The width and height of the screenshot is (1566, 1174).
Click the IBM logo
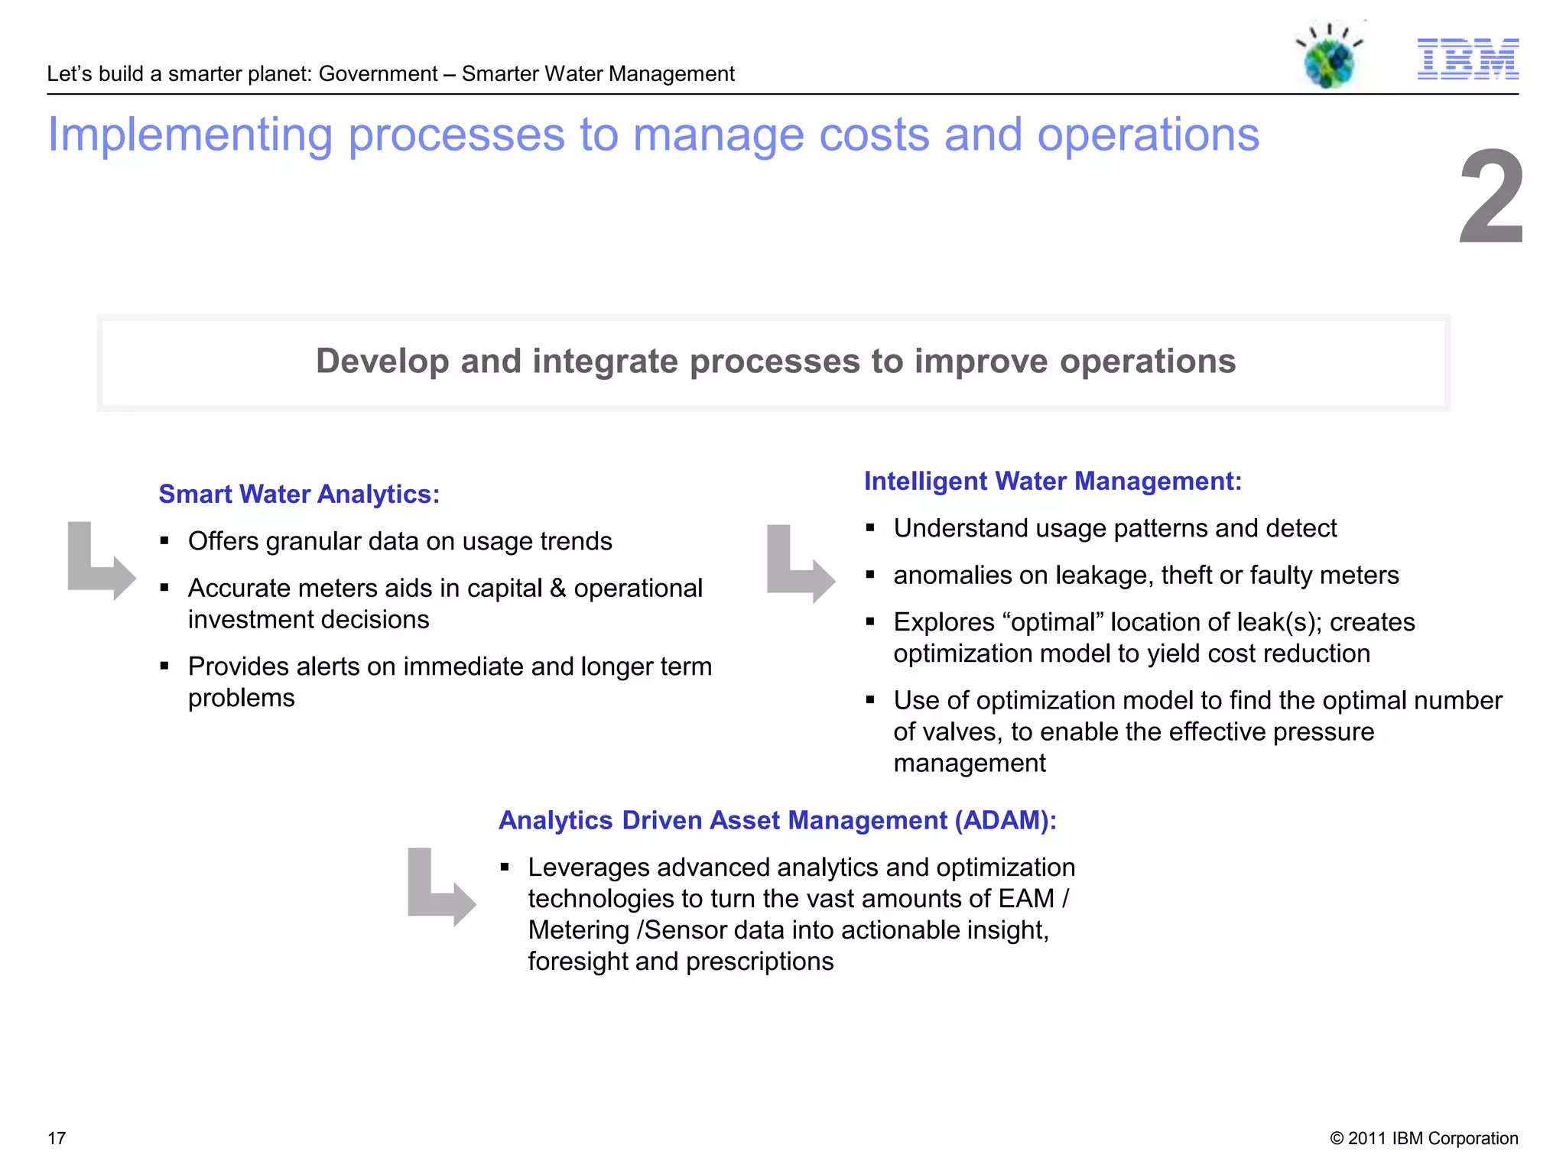tap(1467, 59)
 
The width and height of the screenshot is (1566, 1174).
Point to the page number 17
tap(57, 1138)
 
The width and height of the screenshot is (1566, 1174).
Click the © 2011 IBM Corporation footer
tap(1424, 1138)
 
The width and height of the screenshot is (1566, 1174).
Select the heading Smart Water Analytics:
tap(299, 495)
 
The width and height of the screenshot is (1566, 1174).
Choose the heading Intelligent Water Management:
tap(1052, 482)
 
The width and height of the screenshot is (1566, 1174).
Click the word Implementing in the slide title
tap(190, 135)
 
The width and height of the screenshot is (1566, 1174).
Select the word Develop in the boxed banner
tap(382, 362)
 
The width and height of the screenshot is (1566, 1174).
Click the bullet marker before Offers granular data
tap(164, 541)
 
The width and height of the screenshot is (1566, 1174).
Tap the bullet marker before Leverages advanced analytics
tap(505, 868)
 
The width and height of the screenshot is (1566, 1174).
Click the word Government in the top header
tap(378, 74)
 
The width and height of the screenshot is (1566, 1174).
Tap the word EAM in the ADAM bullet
tap(1026, 899)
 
